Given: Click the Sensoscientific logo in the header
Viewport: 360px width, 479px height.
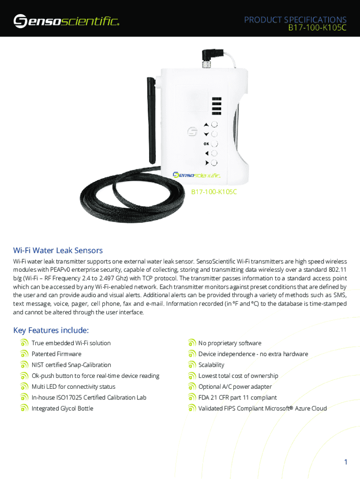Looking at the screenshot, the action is (66, 21).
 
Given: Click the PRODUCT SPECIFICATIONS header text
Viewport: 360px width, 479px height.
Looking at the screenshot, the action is (295, 20).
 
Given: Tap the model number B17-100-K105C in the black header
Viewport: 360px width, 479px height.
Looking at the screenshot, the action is (317, 28).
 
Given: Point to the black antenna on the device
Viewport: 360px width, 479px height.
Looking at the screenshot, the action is (152, 120).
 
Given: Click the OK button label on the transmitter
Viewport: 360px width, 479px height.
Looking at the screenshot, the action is (206, 144).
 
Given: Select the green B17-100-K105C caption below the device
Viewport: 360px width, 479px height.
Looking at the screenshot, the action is (214, 192).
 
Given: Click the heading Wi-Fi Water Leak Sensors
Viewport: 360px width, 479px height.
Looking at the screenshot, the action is (58, 250).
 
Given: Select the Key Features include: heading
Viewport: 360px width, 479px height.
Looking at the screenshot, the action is (51, 330).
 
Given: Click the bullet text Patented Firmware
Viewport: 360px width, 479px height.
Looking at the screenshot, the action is (57, 354).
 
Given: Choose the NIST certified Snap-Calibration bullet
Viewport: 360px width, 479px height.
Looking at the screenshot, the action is (72, 365).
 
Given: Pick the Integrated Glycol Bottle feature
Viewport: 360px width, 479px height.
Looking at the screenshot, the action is (63, 408).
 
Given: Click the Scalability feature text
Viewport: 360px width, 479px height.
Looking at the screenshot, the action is (211, 365).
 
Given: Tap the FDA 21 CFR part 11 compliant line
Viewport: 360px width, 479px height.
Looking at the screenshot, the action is (238, 398).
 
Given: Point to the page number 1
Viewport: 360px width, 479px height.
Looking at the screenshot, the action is (346, 462).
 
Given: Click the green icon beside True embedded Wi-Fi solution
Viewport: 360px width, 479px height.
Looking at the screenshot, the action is (24, 343).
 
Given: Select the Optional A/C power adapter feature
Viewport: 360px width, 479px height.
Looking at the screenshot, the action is (235, 387).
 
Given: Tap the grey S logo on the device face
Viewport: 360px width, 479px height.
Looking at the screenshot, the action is (192, 131).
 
